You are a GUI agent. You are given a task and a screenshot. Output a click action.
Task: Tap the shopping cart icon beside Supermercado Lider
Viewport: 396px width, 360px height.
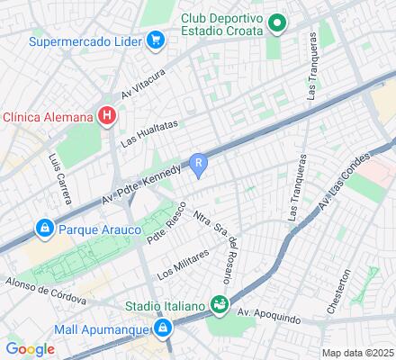pos(155,40)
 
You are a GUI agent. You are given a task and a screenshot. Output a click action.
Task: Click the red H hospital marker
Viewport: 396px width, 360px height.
pos(107,115)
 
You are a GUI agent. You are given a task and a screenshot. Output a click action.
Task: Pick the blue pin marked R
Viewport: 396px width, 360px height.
pos(201,163)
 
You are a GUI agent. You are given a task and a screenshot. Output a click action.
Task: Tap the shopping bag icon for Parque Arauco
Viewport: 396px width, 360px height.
pos(43,229)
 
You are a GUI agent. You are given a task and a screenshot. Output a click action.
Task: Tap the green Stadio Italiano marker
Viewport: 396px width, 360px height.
pos(218,304)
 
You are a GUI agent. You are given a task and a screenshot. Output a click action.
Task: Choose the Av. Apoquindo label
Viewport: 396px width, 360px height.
pos(271,312)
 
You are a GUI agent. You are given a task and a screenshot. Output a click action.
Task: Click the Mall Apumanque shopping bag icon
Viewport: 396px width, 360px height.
pos(163,329)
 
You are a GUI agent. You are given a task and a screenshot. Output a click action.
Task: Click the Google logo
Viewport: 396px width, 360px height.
pos(30,348)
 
